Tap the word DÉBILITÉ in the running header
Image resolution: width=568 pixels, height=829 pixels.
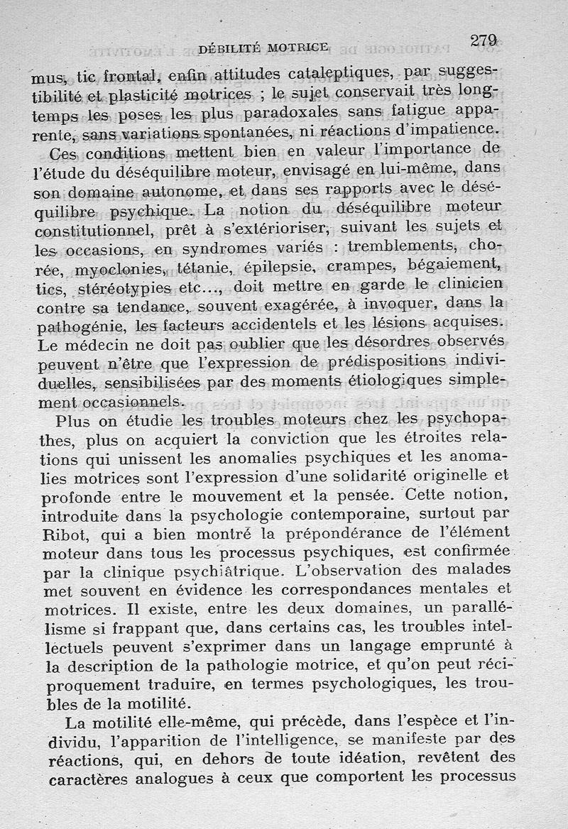tap(230, 48)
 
